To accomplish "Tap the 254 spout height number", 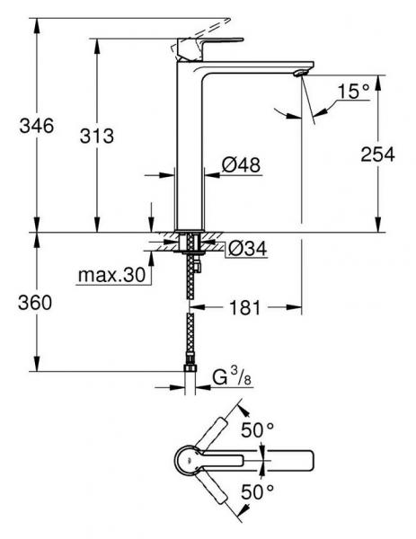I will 377,155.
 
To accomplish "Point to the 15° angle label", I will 354,91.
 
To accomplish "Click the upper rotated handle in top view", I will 219,435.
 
